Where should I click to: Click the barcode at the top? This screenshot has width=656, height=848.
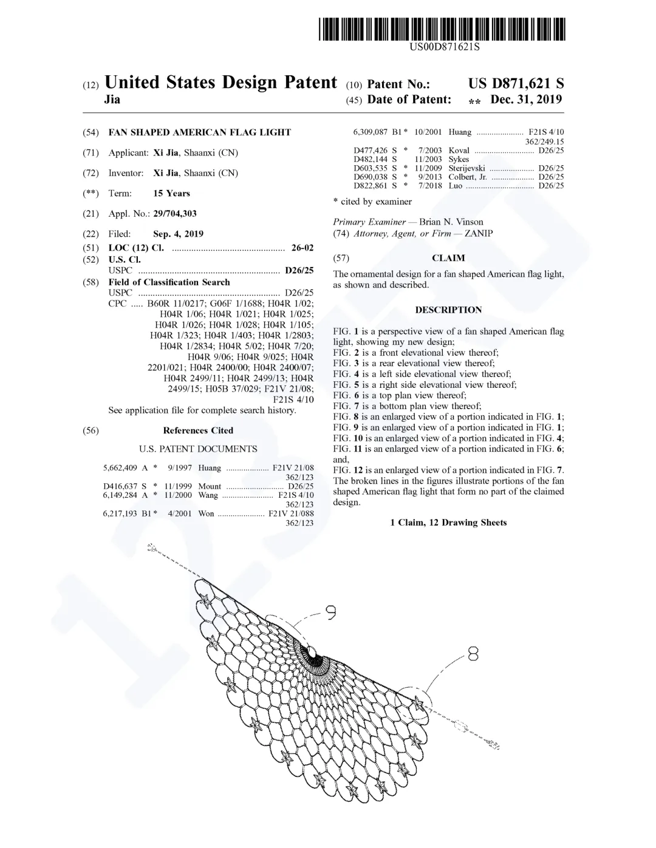442,29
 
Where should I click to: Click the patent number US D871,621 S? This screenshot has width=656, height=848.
516,84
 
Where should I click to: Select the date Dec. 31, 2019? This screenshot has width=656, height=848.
526,100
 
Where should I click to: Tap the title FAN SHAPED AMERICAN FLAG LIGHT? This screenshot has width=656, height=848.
199,132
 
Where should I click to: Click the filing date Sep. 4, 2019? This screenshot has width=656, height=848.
178,234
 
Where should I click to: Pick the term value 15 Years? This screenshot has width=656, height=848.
171,193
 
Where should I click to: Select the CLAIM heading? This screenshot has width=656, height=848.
448,258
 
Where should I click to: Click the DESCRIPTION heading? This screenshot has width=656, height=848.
448,310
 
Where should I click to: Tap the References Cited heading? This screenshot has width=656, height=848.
198,430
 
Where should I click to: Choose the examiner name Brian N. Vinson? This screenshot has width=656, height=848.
451,222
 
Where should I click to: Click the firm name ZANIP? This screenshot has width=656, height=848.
479,234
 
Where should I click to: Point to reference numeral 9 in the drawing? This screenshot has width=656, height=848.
331,614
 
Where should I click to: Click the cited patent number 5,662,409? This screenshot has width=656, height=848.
120,468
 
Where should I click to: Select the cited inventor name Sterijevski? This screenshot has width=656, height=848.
466,168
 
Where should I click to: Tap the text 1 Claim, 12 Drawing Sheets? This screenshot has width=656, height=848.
448,523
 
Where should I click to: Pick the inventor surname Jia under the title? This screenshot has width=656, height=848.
112,100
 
